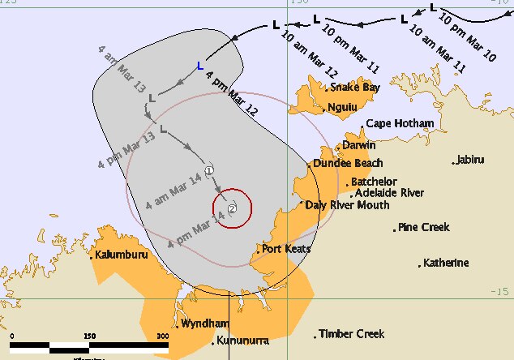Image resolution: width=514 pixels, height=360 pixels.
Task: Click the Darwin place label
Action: click(358, 145)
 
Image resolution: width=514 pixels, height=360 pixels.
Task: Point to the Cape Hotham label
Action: click(400, 124)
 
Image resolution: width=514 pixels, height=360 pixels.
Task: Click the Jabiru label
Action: click(474, 159)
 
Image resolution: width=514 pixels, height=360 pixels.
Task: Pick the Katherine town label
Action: click(444, 264)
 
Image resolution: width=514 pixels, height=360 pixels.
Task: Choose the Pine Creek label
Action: click(424, 228)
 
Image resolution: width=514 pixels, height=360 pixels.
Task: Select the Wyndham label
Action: click(199, 324)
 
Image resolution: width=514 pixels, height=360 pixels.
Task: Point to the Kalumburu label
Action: click(120, 255)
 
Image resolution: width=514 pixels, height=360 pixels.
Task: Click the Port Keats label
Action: click(286, 249)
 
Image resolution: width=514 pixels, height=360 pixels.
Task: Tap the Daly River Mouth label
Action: click(347, 205)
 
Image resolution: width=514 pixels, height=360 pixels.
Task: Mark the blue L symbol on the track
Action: click(200, 67)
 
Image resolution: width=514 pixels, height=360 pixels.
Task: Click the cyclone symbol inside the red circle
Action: click(233, 209)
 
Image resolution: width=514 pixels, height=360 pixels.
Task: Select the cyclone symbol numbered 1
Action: click(209, 170)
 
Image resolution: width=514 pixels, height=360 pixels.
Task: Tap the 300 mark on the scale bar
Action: click(162, 336)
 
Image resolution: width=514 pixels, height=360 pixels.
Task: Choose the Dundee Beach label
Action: click(345, 164)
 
